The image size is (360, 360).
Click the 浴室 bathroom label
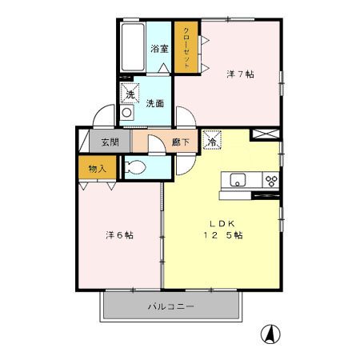[159, 49]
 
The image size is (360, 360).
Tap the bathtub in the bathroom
[133, 47]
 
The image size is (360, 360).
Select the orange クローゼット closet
[186, 47]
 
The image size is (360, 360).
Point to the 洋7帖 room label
[240, 74]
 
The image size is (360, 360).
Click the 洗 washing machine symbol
[130, 93]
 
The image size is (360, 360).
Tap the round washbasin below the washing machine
[126, 113]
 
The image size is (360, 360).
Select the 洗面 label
[154, 103]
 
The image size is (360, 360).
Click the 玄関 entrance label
[110, 142]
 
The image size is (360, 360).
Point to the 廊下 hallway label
[181, 142]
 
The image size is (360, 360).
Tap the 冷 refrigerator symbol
[213, 140]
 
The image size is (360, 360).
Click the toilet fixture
[135, 168]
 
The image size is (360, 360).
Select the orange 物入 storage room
[98, 167]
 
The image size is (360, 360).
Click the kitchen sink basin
[238, 180]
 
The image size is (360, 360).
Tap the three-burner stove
[271, 180]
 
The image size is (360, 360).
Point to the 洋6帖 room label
[119, 235]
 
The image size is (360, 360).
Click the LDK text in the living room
[222, 223]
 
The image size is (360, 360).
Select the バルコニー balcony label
[171, 306]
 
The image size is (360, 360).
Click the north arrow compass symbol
[270, 334]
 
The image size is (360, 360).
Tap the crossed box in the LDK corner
[266, 134]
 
